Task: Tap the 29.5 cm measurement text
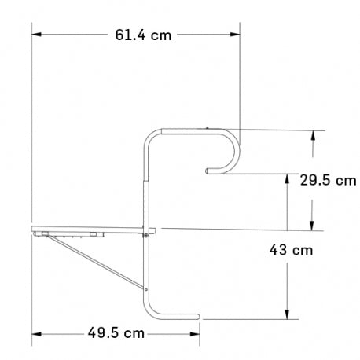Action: [x=328, y=180]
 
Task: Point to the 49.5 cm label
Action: [x=115, y=333]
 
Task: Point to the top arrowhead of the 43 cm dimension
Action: [x=289, y=178]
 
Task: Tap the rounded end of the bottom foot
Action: [x=200, y=318]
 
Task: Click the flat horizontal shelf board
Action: [x=86, y=230]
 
